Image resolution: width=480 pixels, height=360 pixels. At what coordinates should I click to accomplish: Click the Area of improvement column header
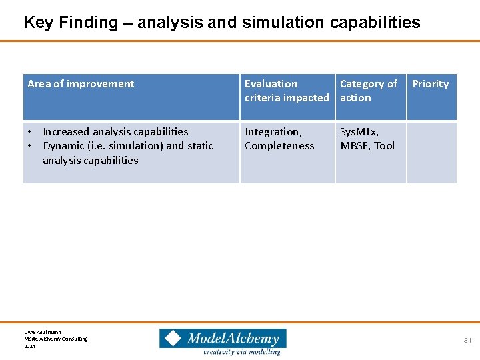point(81,84)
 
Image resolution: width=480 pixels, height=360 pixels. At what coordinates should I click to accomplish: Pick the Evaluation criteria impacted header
point(287,91)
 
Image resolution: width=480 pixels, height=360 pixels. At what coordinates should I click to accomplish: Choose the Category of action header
point(368,91)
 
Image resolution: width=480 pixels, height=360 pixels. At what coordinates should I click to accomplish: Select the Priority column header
point(430,84)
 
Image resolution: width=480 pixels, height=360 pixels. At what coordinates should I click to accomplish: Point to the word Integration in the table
point(273,132)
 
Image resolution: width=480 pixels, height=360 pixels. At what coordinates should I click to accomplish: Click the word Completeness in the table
point(279,146)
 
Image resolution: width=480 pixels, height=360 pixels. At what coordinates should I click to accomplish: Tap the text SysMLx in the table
point(359,132)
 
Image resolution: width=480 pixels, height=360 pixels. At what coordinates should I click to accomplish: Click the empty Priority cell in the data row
point(431,152)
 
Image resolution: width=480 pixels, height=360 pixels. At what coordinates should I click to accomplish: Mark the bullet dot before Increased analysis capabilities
point(29,132)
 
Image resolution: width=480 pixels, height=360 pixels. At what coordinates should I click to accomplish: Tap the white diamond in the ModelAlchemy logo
point(173,338)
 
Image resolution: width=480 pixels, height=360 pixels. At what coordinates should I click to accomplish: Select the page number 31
point(467,341)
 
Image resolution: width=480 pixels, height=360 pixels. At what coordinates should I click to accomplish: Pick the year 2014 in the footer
point(30,346)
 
